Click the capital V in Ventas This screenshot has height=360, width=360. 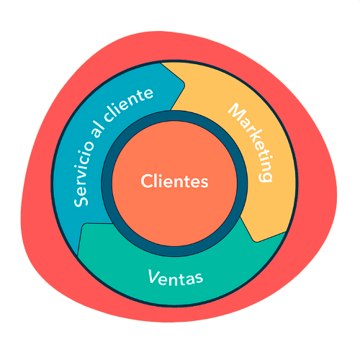click(x=153, y=276)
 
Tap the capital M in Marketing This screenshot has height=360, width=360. click(x=236, y=112)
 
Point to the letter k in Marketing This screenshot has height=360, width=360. click(x=253, y=138)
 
